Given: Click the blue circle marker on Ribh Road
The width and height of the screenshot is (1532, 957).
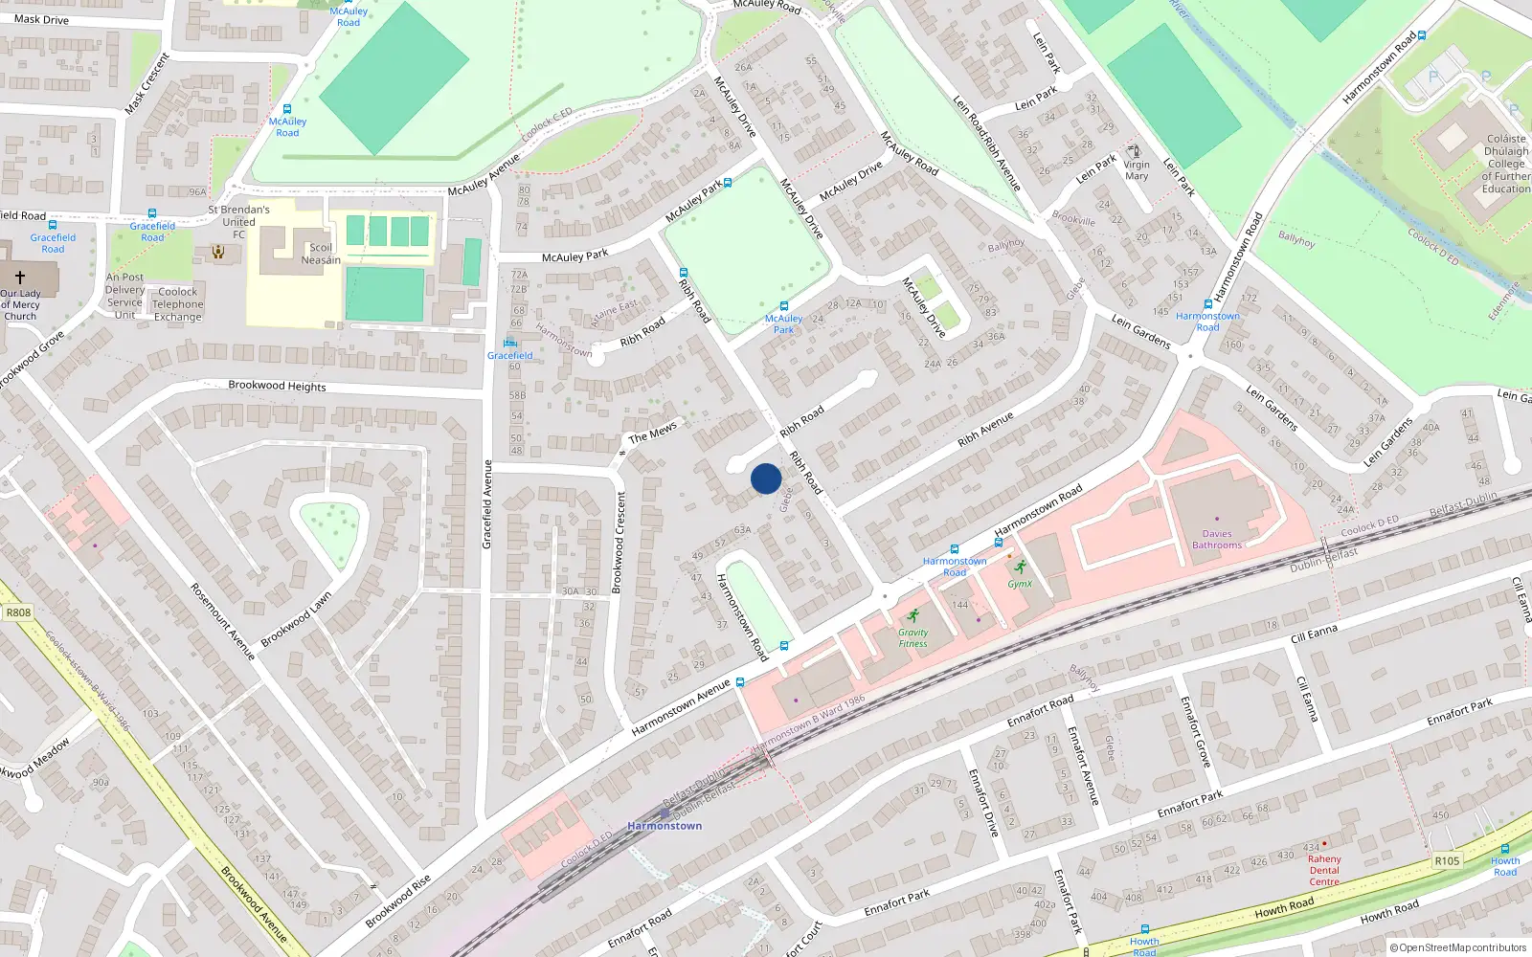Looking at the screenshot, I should point(766,478).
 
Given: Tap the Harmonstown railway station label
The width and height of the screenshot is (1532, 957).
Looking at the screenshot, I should point(665,825).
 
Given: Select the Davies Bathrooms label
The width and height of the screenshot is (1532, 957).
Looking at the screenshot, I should point(1217,540).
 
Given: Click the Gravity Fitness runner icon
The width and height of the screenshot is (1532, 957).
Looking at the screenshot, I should point(912,615).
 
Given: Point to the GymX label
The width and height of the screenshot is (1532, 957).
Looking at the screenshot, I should point(1020,584).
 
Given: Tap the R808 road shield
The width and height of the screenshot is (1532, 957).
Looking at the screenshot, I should point(18,612).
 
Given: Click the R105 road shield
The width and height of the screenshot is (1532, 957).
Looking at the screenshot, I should point(1447,861).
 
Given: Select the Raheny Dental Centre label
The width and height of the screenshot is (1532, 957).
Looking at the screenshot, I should point(1324,870).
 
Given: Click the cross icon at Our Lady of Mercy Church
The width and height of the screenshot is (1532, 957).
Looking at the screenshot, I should point(19,278).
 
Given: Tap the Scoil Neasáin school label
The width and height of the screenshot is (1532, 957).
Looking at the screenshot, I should point(321,254).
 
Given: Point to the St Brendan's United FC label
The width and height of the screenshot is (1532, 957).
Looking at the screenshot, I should point(239,221).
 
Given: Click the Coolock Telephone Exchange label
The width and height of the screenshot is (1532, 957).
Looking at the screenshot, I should point(178,304).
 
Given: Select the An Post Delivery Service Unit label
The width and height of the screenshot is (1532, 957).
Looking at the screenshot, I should point(124,296).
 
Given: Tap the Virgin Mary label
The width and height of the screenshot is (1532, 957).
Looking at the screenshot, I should point(1137,170).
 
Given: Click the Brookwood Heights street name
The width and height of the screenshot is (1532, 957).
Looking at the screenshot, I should point(277,386).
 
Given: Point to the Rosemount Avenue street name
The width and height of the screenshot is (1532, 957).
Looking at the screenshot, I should point(222,621).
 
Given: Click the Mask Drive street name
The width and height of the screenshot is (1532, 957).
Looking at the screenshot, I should point(41,19).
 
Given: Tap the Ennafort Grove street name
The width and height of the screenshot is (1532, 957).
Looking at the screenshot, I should point(1195,731).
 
